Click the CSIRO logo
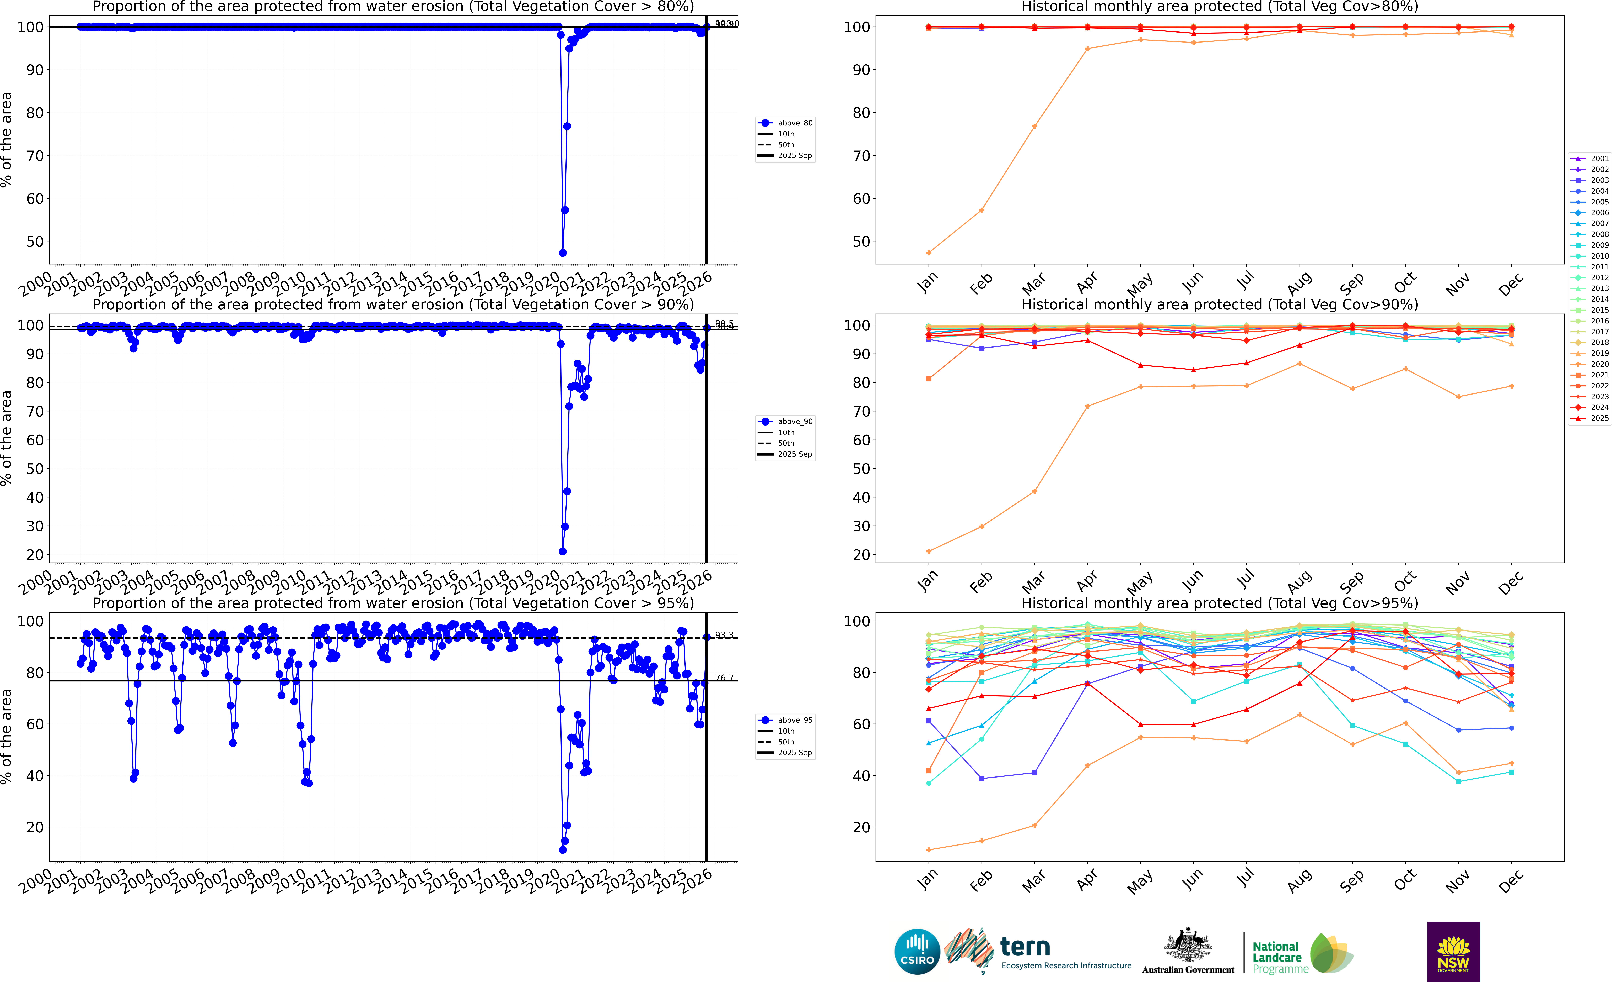click(x=917, y=951)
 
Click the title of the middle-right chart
click(x=1220, y=304)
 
